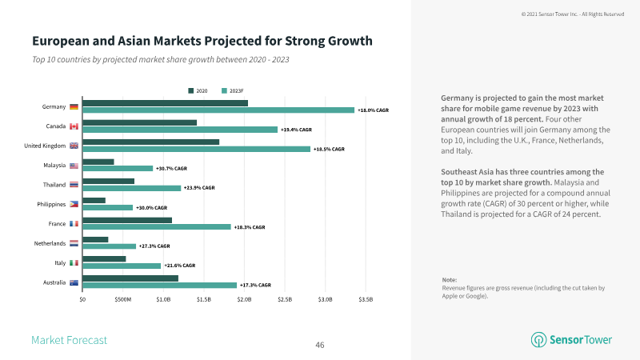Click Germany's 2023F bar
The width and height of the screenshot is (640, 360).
tap(218, 110)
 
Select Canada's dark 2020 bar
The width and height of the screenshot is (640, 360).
tap(139, 122)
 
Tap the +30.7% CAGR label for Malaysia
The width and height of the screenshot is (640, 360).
tap(171, 169)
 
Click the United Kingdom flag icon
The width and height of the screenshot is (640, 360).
tap(74, 146)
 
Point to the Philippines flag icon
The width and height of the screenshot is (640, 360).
tap(74, 204)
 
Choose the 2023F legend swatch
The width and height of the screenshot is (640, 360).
tap(224, 90)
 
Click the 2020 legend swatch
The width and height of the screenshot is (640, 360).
tap(190, 90)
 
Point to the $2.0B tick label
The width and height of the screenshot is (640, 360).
tap(244, 299)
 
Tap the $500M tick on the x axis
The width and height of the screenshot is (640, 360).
tap(123, 299)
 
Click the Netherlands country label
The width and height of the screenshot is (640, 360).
tap(50, 243)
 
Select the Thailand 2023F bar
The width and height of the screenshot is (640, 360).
tap(131, 188)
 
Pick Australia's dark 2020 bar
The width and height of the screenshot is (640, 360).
tap(130, 278)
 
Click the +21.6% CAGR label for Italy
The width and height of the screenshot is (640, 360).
tap(180, 266)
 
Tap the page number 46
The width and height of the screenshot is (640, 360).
tap(320, 346)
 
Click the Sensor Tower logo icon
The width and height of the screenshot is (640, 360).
tap(538, 339)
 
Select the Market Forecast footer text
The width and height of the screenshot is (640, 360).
tap(69, 340)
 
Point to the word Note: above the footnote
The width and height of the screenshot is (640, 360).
tap(450, 280)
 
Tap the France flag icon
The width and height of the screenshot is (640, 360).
tap(74, 224)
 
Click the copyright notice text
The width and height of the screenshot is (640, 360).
tap(573, 14)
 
